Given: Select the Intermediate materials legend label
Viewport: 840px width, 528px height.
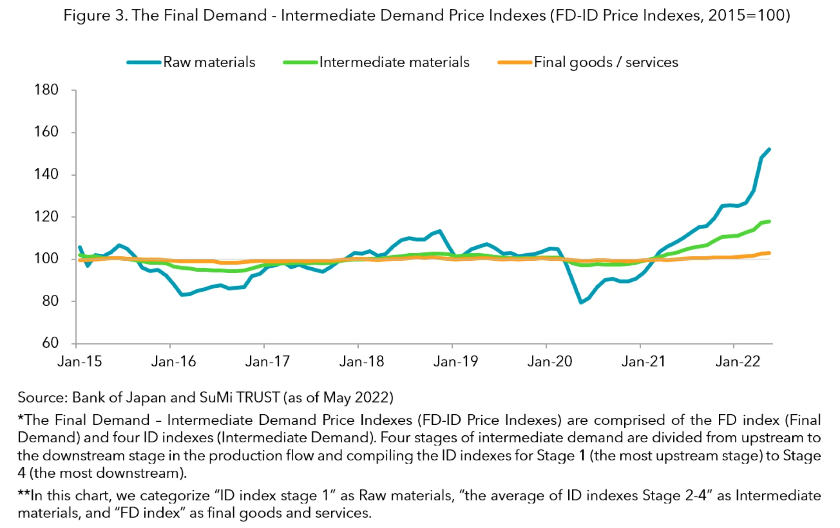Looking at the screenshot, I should (x=394, y=62).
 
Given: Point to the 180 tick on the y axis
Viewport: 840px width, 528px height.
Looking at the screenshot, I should (x=46, y=90).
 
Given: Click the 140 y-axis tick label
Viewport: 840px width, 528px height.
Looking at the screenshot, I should (x=46, y=174).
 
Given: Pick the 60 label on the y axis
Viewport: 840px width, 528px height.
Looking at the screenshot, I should (x=50, y=343).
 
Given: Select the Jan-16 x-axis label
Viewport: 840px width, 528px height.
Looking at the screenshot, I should (x=173, y=361).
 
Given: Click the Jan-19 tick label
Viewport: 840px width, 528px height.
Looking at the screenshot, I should (x=455, y=361).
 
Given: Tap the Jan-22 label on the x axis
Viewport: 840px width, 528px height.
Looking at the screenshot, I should (x=738, y=361).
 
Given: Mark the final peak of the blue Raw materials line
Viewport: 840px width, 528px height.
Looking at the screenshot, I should (x=769, y=150).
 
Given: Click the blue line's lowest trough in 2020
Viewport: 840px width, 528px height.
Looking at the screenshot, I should (x=581, y=302).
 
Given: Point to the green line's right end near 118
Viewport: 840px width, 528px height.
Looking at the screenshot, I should (x=769, y=221).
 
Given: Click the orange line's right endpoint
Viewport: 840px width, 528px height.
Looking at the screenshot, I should (x=769, y=253).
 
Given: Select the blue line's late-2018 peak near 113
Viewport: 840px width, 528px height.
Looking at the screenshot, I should (x=440, y=231).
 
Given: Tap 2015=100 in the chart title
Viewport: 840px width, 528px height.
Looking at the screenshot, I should (x=747, y=15).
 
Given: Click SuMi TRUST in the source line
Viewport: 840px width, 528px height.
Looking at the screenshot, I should (x=239, y=397).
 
